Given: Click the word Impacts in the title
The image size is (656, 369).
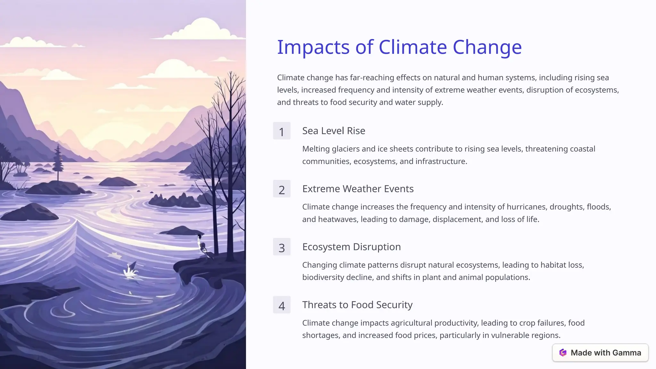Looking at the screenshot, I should [313, 47].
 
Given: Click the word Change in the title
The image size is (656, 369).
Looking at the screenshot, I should [487, 47].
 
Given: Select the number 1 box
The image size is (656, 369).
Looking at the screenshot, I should [282, 131].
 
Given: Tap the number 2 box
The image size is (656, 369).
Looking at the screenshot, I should [282, 189].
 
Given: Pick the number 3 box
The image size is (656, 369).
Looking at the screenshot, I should [282, 247].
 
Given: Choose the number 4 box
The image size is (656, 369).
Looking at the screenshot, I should [282, 305].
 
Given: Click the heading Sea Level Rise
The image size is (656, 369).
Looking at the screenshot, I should [333, 131].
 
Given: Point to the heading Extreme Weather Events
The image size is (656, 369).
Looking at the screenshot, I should [358, 189].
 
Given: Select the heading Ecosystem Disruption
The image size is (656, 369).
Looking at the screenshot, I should [351, 247].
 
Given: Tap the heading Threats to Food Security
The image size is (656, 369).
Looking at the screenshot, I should [357, 305].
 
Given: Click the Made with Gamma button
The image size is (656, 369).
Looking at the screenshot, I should [600, 353].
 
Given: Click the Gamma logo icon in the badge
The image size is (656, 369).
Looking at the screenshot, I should [563, 353].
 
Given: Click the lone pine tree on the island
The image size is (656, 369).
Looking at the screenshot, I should [58, 162].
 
